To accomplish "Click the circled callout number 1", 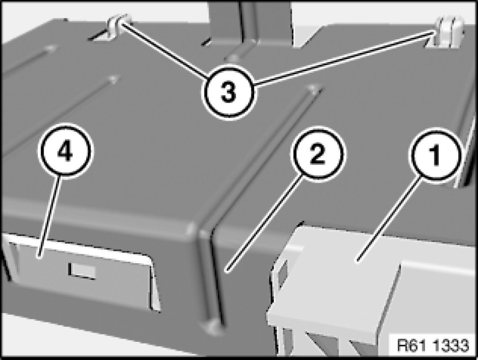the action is tap(435, 155).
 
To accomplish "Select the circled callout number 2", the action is tap(317, 154).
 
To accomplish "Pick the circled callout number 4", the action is tap(66, 150).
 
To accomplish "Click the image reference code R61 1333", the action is tap(433, 345).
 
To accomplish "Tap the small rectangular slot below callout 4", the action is tap(82, 271).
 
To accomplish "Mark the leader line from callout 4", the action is tap(49, 216).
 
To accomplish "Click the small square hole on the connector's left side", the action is tap(282, 273).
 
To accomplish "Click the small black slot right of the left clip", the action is tap(206, 41).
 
